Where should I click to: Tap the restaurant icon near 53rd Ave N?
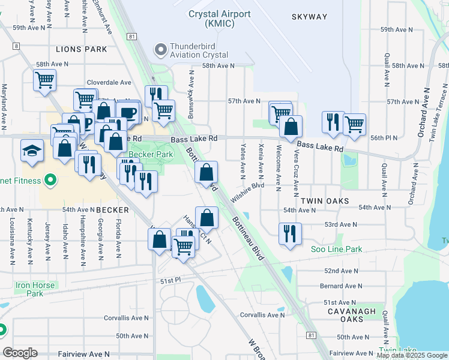290,233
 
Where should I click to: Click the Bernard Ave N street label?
341,287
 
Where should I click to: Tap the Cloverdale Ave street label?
109,83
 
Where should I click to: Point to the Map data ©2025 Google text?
411,355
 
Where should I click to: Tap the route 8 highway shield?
14,46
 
